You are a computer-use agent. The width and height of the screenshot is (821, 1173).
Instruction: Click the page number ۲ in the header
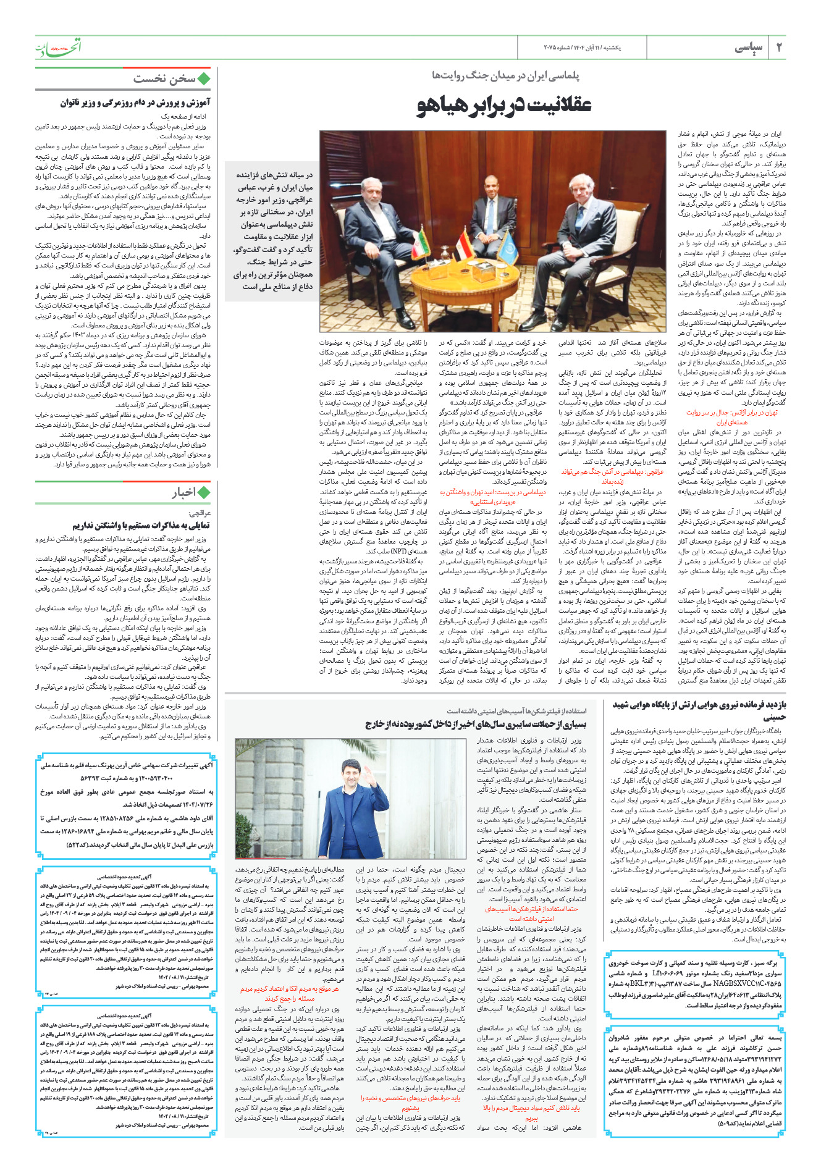tap(779, 48)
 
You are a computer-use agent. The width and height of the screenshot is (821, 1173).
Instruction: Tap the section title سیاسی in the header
tap(749, 48)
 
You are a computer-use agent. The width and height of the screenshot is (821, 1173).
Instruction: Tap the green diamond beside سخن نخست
tap(204, 79)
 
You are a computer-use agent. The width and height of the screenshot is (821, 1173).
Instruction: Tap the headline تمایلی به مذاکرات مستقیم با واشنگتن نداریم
tap(141, 526)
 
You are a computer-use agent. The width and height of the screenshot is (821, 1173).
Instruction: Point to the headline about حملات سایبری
tap(476, 723)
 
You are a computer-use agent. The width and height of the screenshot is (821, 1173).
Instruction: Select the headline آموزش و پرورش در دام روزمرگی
tap(135, 103)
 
